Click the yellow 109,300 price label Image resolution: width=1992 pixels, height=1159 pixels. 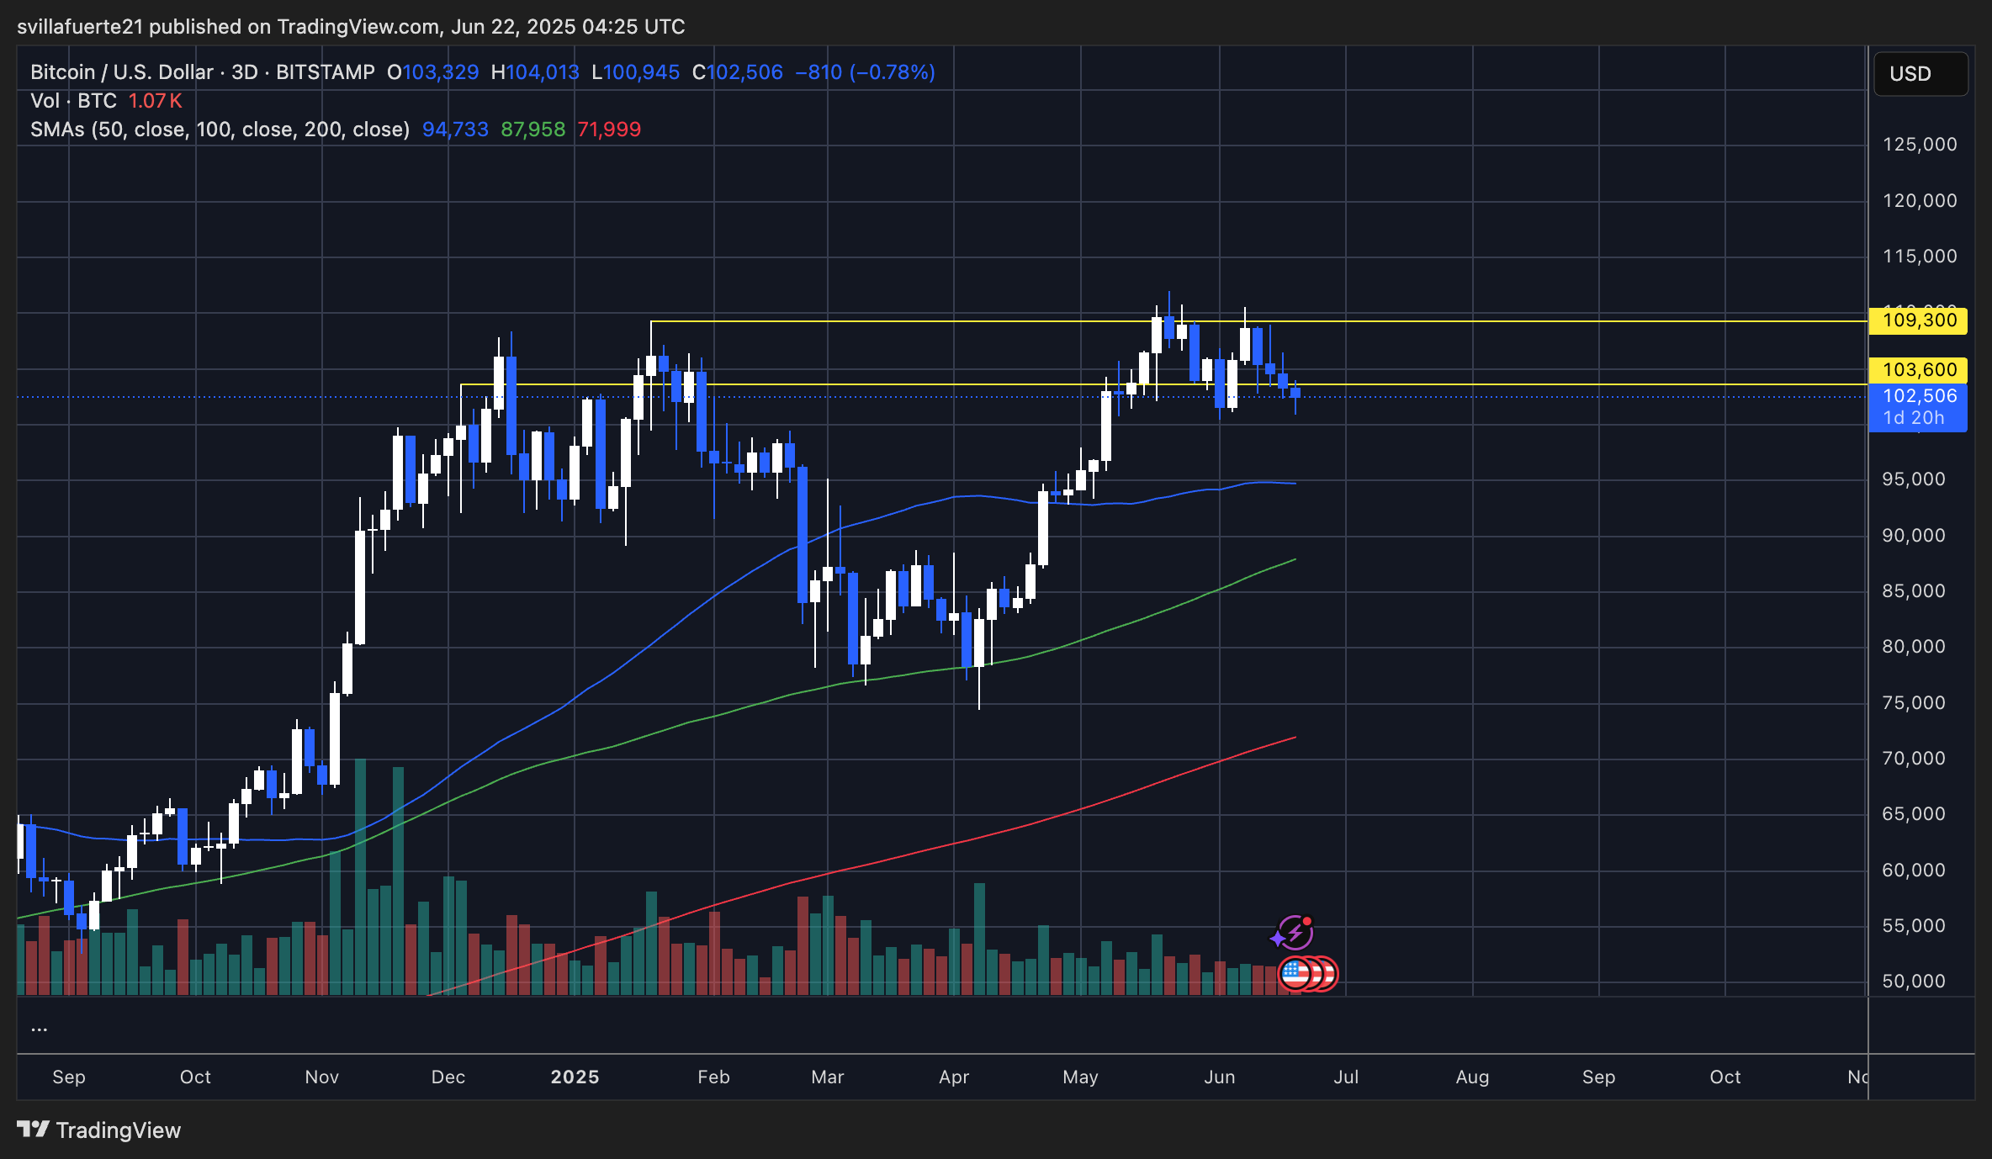(x=1918, y=320)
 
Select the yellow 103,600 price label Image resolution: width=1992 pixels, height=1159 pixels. (x=1918, y=370)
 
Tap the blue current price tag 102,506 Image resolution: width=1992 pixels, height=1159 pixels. (x=1918, y=397)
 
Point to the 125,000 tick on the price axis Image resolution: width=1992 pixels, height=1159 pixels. (x=1920, y=145)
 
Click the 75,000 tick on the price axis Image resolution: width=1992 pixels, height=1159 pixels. (x=1914, y=703)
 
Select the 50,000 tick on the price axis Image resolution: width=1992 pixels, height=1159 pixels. (x=1914, y=982)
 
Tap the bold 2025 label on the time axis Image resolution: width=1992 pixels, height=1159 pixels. (x=575, y=1077)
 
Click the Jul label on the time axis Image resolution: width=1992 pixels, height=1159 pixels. (x=1346, y=1077)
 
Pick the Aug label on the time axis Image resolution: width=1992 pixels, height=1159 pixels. (x=1472, y=1077)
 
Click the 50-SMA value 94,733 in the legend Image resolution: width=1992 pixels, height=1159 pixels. (x=455, y=130)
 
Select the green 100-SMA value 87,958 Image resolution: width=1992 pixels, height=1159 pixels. (x=533, y=130)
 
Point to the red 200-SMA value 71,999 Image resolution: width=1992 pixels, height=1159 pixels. (x=609, y=130)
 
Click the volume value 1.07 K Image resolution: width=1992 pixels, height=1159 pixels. (x=155, y=101)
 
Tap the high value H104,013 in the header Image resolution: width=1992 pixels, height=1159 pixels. (x=535, y=72)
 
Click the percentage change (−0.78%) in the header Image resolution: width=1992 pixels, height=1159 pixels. (x=892, y=72)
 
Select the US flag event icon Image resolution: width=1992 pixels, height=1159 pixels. (x=1295, y=974)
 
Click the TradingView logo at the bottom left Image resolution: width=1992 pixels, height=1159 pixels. (x=99, y=1130)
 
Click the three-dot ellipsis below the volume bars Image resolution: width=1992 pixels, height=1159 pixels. (x=40, y=1029)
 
